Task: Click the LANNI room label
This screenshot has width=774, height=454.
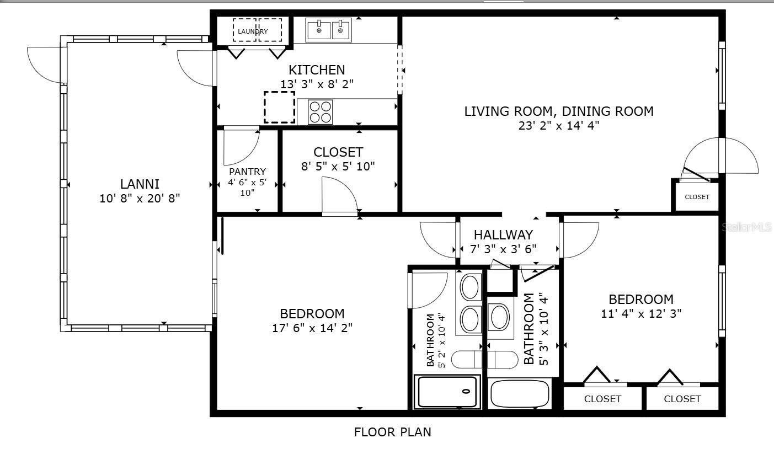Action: click(140, 184)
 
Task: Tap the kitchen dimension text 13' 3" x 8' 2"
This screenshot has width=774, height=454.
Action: click(317, 84)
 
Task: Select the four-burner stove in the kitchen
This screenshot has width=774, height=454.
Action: click(320, 112)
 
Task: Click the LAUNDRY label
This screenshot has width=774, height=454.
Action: click(253, 31)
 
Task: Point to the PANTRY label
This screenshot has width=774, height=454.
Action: click(247, 172)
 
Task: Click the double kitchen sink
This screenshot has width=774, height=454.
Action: click(329, 30)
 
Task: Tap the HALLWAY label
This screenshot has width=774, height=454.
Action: click(503, 234)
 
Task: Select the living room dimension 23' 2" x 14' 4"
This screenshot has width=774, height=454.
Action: click(558, 125)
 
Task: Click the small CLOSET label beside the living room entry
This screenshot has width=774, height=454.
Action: click(697, 197)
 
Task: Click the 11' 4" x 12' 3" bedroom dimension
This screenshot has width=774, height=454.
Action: click(641, 313)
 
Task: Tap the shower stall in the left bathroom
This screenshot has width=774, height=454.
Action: click(447, 392)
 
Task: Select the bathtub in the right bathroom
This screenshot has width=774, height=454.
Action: click(520, 393)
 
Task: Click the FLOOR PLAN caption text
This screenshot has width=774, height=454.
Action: click(392, 432)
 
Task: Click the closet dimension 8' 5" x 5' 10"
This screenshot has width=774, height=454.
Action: click(338, 165)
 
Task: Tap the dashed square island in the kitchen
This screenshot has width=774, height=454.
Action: click(279, 108)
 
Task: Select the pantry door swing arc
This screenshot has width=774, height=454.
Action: click(242, 148)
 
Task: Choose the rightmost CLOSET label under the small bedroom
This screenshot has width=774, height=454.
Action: click(682, 399)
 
